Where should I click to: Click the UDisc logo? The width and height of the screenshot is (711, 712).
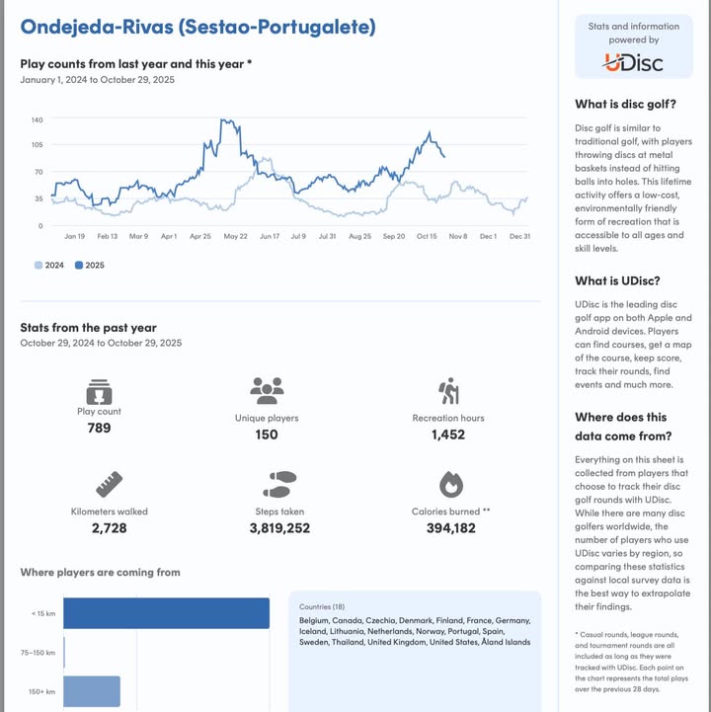pyautogui.click(x=633, y=63)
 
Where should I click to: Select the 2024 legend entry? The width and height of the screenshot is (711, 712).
pyautogui.click(x=49, y=266)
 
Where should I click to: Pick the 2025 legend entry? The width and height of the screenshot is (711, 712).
pyautogui.click(x=90, y=266)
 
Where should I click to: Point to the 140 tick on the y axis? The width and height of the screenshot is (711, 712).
pyautogui.click(x=37, y=119)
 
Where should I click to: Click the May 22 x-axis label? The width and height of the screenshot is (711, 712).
pyautogui.click(x=235, y=237)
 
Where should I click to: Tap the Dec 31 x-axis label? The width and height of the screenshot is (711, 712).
pyautogui.click(x=519, y=237)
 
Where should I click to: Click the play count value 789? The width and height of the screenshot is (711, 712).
pyautogui.click(x=99, y=428)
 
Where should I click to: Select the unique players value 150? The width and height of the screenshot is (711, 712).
pyautogui.click(x=267, y=435)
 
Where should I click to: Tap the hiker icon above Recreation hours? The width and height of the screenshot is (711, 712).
pyautogui.click(x=448, y=391)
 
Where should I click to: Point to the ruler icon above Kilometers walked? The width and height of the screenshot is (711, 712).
pyautogui.click(x=109, y=484)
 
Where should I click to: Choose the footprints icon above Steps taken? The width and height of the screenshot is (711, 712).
pyautogui.click(x=279, y=484)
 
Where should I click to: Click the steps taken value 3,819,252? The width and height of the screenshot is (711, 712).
pyautogui.click(x=279, y=528)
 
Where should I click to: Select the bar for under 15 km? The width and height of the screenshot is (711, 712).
pyautogui.click(x=166, y=613)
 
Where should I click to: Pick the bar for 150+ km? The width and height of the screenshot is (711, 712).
pyautogui.click(x=92, y=691)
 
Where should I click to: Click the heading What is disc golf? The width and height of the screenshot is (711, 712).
pyautogui.click(x=625, y=105)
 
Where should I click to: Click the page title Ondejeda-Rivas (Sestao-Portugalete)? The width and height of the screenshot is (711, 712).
pyautogui.click(x=197, y=27)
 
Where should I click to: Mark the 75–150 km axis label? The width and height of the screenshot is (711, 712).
pyautogui.click(x=38, y=653)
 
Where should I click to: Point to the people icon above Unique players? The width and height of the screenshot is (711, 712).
pyautogui.click(x=267, y=391)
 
